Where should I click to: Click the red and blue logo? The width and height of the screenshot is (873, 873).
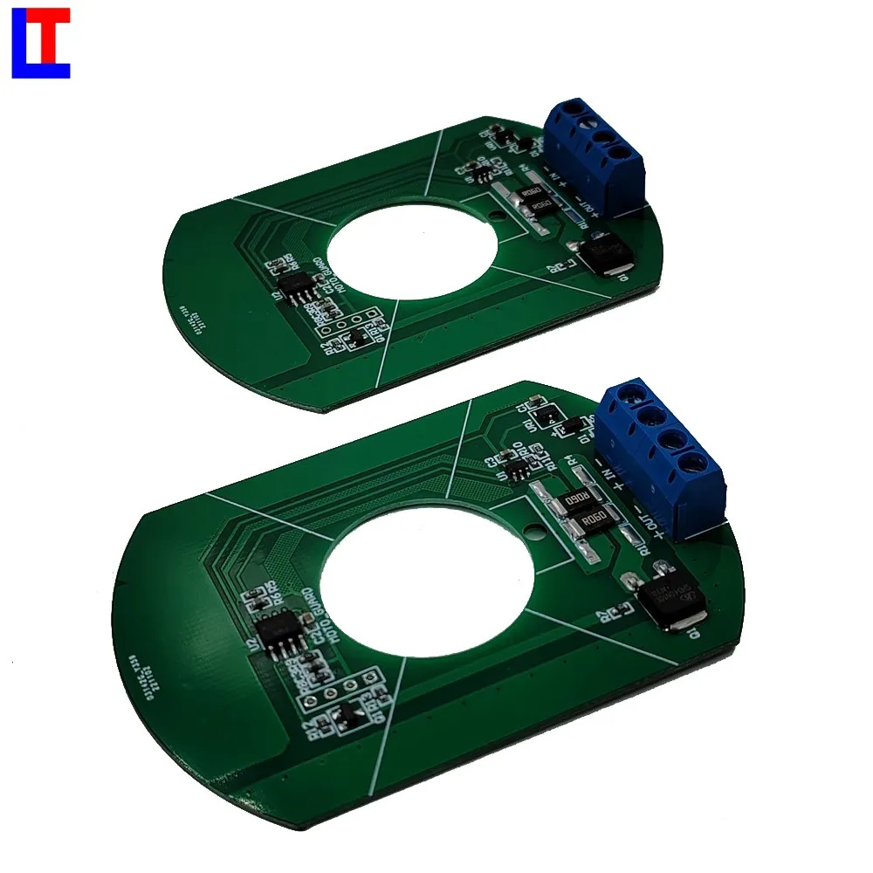coord(40,45)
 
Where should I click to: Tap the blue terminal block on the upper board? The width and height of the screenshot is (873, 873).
coord(593,155)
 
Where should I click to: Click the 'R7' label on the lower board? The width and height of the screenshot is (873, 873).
coord(602,616)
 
